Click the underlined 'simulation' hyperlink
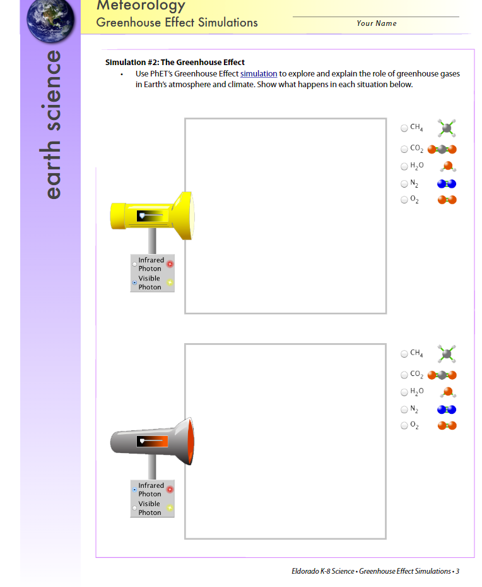(x=259, y=74)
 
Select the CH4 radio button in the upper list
(x=404, y=128)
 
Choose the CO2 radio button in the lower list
(x=404, y=375)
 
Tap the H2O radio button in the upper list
(x=404, y=166)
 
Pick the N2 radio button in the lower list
(x=404, y=409)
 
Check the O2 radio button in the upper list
(x=404, y=200)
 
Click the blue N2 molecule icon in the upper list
(x=447, y=184)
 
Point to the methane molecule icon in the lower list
(x=447, y=354)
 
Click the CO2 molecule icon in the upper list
(x=442, y=149)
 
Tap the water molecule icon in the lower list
(x=448, y=392)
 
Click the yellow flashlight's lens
(x=192, y=215)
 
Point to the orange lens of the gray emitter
(x=191, y=442)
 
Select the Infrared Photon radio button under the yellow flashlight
(x=134, y=264)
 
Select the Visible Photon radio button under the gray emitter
(x=134, y=508)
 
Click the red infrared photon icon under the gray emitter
(x=170, y=489)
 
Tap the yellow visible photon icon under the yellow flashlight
(x=170, y=282)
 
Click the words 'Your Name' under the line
(x=376, y=23)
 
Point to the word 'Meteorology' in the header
(x=141, y=6)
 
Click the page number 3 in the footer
(x=457, y=571)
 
